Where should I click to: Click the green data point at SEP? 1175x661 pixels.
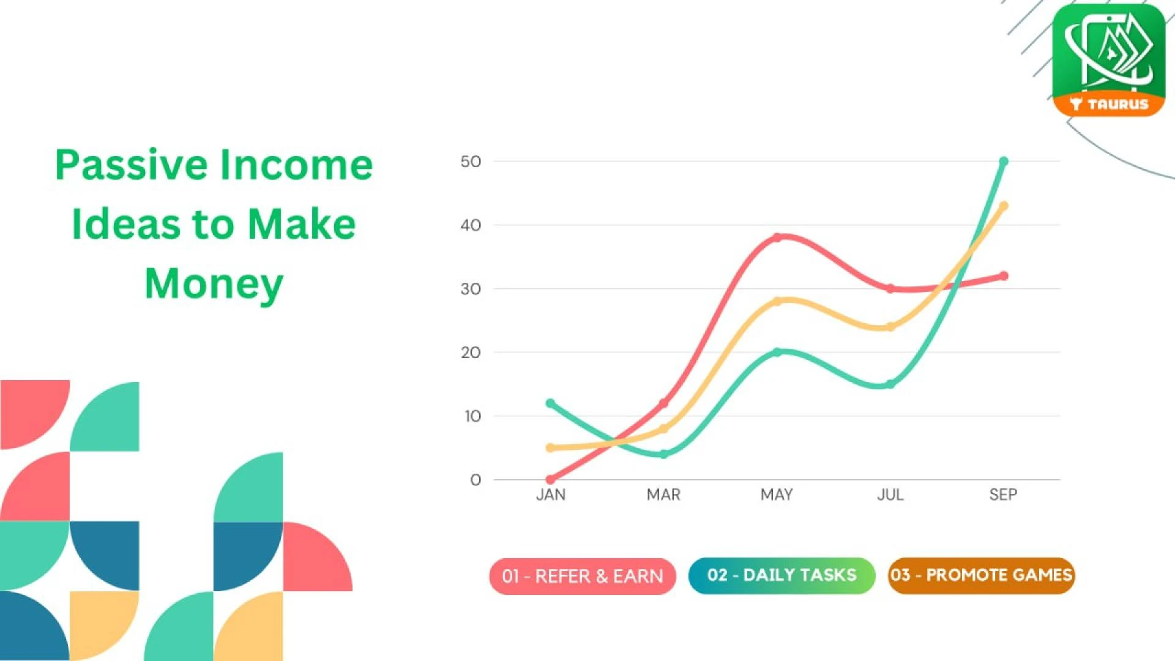click(x=1004, y=162)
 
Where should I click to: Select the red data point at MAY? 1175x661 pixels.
click(x=777, y=237)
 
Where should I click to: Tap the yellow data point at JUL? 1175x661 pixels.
click(x=890, y=327)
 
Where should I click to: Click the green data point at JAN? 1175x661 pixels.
click(x=550, y=403)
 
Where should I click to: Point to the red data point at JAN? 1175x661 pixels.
click(x=550, y=479)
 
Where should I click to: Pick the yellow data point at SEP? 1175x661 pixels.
click(x=1004, y=206)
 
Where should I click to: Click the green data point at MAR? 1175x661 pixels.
click(x=664, y=454)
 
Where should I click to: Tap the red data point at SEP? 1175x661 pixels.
click(x=1004, y=276)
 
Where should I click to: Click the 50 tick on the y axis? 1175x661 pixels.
click(x=471, y=162)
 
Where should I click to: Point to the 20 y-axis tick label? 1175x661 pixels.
click(x=471, y=353)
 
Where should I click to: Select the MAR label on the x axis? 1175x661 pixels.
click(x=663, y=495)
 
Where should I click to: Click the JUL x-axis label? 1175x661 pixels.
click(x=890, y=495)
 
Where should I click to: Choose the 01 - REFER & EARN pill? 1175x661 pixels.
click(x=582, y=576)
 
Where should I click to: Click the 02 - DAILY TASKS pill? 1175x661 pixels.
click(x=781, y=575)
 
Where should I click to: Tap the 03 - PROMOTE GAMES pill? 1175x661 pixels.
click(x=981, y=575)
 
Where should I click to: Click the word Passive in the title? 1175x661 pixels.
click(x=132, y=165)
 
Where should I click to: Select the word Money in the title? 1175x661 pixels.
click(x=214, y=284)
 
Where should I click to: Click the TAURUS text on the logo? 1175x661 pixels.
click(x=1117, y=104)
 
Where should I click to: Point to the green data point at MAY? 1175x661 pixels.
click(x=777, y=353)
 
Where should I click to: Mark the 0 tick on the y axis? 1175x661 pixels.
click(x=476, y=480)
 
